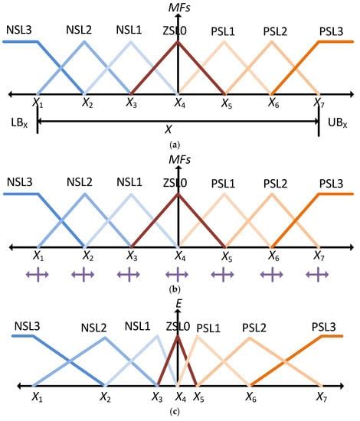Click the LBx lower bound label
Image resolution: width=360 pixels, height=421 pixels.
coord(17,123)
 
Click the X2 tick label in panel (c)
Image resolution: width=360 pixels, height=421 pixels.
coord(104,398)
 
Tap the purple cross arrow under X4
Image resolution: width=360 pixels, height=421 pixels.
coord(178,273)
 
